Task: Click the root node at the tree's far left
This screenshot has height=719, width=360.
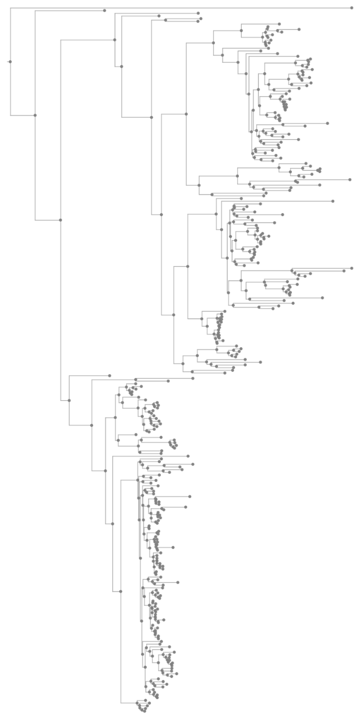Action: coord(10,61)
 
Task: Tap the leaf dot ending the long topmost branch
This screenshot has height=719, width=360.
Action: coord(352,8)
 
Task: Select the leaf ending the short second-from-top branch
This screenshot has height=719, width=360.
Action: coord(104,10)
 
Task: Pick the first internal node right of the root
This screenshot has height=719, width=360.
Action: coord(35,115)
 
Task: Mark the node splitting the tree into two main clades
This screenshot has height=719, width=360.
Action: coord(61,220)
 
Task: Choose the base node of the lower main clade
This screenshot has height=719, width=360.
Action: coord(69,400)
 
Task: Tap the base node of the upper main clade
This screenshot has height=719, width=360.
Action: coord(115,40)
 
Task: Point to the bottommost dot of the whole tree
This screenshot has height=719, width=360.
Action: coord(142,711)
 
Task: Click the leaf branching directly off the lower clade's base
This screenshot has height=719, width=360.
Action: coord(110,375)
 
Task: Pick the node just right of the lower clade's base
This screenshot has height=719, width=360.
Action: coord(91,425)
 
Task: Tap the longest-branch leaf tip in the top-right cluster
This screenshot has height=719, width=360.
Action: coord(328,124)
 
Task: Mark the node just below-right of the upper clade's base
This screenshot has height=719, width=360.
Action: coord(121,66)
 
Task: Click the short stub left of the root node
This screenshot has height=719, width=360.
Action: coord(8,61)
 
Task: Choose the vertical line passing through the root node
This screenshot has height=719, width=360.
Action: coord(10,87)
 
